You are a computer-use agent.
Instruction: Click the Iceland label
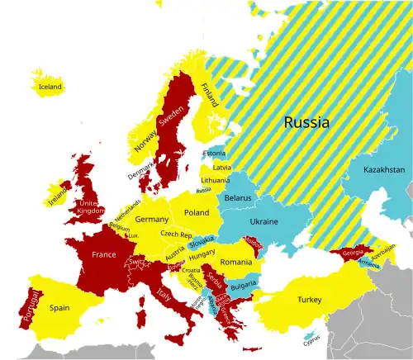pos(50,86)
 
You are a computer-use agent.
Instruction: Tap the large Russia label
pos(306,123)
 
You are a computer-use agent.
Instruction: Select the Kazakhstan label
pos(384,169)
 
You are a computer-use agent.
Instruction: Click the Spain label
pos(59,307)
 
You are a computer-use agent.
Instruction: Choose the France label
pos(103,255)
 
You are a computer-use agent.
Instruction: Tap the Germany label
pos(151,220)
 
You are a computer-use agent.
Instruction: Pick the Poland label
pos(197,212)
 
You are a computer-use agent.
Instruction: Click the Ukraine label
pos(263,222)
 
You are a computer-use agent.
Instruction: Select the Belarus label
pos(238,199)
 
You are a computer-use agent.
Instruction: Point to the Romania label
pos(235,262)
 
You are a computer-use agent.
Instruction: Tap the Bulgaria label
pos(243,286)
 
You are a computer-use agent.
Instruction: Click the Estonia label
pos(213,154)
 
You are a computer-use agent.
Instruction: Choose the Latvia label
pos(221,167)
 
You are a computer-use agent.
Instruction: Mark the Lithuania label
pos(216,180)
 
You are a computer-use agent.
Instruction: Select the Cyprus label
pos(311,339)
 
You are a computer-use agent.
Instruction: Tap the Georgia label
pos(353,253)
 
